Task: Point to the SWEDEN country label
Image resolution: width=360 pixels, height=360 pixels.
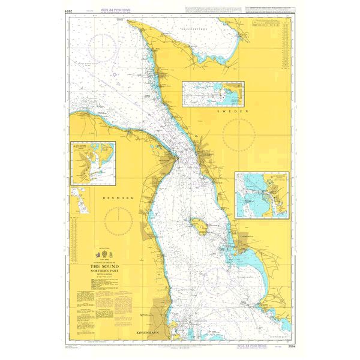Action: coord(233,112)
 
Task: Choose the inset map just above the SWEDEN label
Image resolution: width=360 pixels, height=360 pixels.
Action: coord(214,93)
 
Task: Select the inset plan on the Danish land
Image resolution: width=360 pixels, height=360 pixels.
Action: coord(94,163)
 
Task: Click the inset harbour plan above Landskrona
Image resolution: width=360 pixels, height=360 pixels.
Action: coord(262,195)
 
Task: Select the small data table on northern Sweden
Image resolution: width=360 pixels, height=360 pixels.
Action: coord(269,28)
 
